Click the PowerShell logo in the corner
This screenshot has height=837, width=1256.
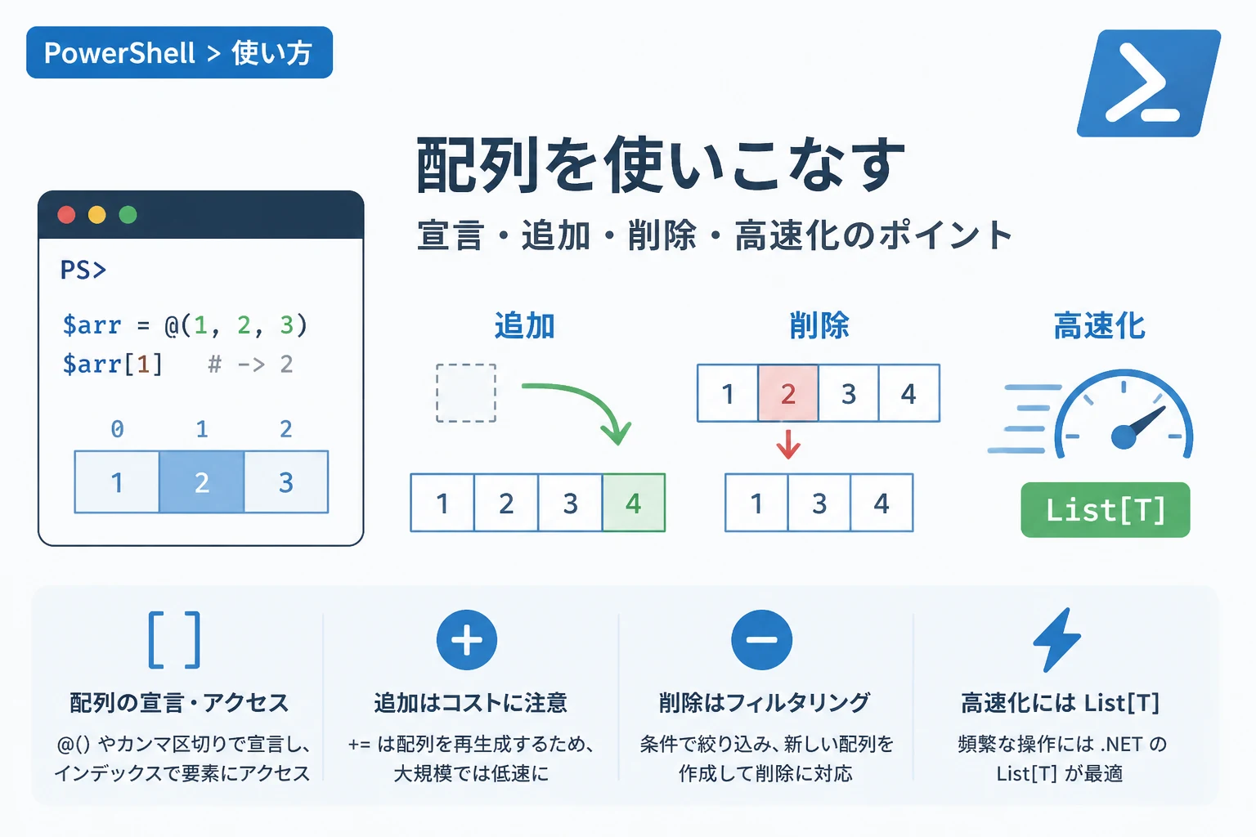[x=1148, y=83]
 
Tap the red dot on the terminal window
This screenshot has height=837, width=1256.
[x=66, y=215]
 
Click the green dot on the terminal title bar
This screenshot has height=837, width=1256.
[x=128, y=215]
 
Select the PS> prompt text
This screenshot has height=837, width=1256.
[x=83, y=270]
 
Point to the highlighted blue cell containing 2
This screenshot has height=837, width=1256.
[x=202, y=481]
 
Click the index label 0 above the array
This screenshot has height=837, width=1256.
[x=117, y=429]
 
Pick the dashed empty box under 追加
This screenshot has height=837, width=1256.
[x=466, y=392]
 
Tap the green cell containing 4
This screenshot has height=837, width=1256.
[x=634, y=503]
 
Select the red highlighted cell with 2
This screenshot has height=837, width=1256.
[x=787, y=392]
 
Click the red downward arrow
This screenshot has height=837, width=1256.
[x=788, y=445]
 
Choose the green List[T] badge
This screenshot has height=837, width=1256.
[x=1106, y=509]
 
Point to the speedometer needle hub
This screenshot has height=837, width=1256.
[x=1124, y=437]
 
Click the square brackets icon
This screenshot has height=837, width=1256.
[x=174, y=640]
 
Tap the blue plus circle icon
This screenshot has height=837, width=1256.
[x=467, y=640]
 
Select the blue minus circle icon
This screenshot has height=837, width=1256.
[x=761, y=640]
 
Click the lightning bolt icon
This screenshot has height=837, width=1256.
[x=1057, y=640]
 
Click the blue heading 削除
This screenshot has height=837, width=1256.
[x=819, y=325]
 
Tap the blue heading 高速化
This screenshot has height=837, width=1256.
[x=1099, y=325]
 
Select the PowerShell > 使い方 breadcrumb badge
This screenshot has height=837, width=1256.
[x=179, y=52]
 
